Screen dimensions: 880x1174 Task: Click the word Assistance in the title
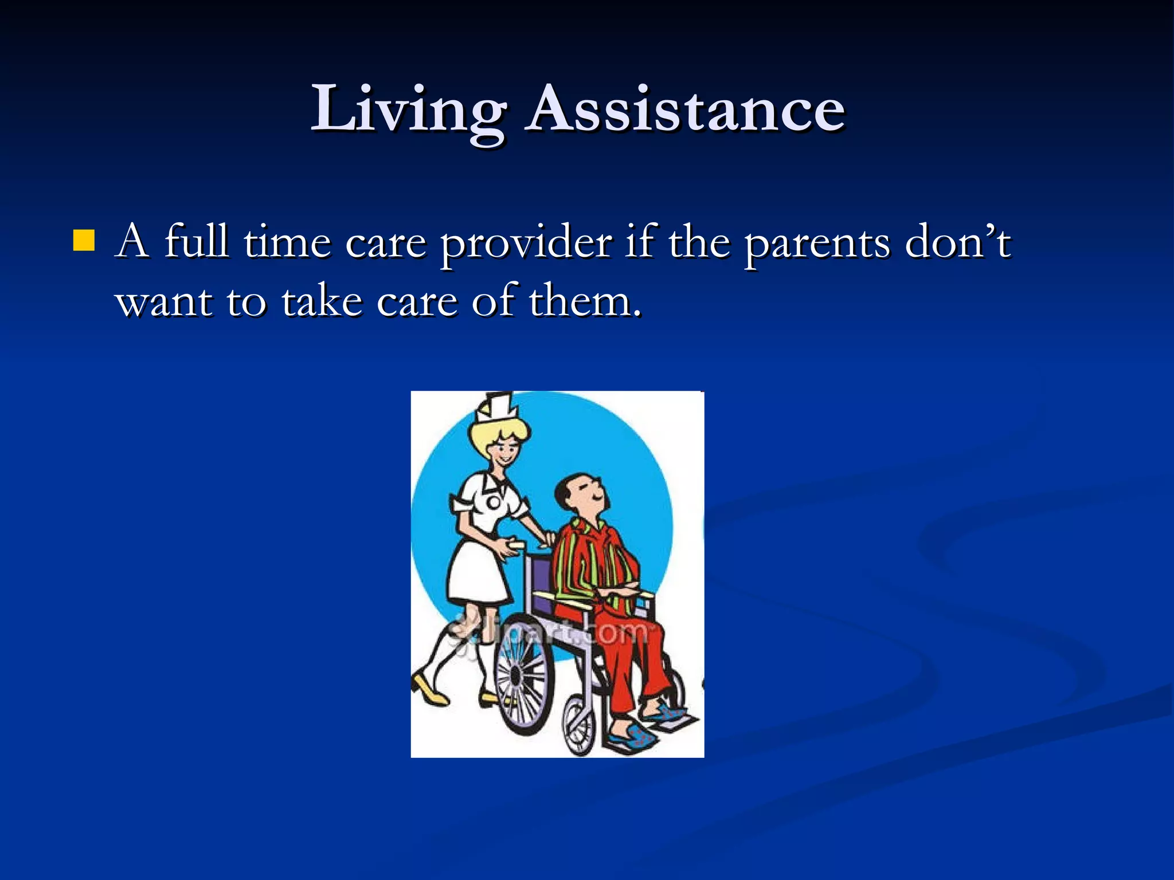[686, 109]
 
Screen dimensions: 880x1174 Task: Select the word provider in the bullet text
[526, 243]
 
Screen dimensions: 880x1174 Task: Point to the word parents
[817, 244]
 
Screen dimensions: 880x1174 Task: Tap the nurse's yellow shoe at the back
[430, 691]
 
